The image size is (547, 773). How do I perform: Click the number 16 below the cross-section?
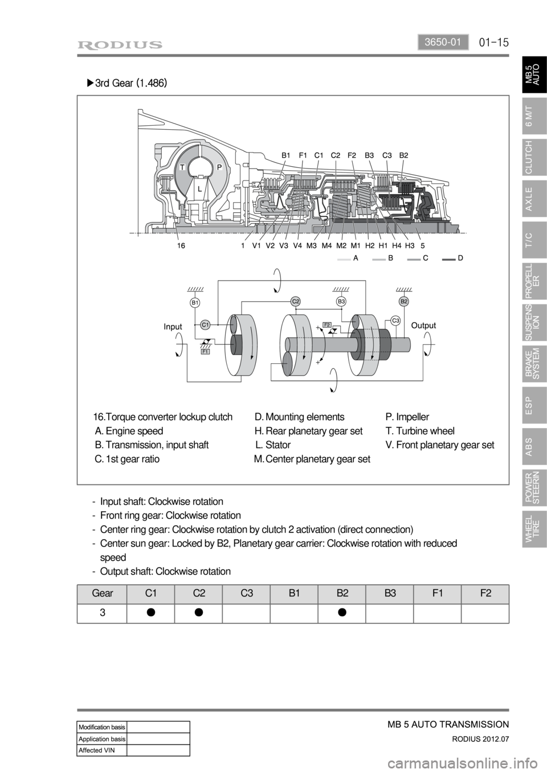181,246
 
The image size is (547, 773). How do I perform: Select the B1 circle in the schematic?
194,303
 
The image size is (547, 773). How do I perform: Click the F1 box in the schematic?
206,352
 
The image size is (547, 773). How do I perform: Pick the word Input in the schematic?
173,327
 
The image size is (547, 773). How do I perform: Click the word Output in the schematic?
423,326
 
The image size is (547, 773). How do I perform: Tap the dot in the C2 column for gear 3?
199,612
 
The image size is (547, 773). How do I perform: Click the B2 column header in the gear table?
342,593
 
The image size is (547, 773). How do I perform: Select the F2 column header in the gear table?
485,593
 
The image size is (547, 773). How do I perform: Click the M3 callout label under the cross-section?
312,246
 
